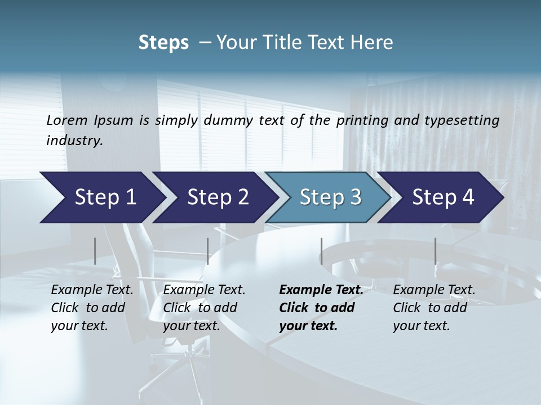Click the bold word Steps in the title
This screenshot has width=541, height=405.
point(163,42)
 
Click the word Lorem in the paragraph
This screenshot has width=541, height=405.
point(67,120)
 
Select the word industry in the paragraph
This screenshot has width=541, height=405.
point(74,140)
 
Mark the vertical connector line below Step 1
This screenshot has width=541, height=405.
point(95,251)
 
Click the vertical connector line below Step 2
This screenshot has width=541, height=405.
point(208,251)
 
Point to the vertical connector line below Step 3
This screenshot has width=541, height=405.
point(321,251)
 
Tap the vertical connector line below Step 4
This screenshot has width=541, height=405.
point(435,251)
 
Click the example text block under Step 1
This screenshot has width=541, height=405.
point(92,308)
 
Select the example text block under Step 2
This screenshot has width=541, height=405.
point(204,308)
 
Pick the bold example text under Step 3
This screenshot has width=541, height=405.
point(321,308)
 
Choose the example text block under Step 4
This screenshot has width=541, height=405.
point(434,308)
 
